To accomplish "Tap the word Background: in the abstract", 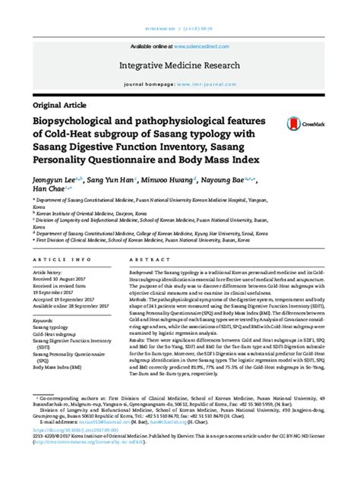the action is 144,272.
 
